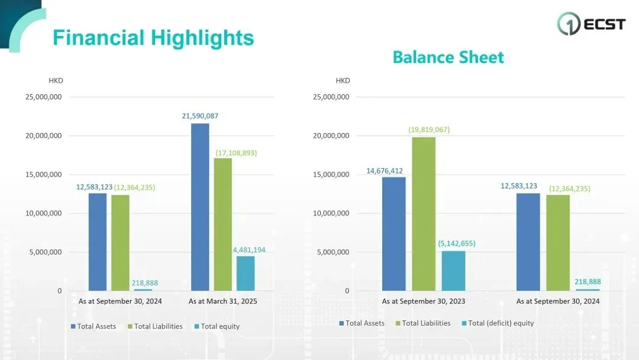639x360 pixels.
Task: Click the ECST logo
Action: (591, 24)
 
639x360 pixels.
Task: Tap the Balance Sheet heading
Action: (448, 57)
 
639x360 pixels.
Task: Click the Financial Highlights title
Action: (153, 38)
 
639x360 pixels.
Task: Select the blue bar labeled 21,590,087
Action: (200, 207)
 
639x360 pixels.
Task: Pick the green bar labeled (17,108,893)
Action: (223, 224)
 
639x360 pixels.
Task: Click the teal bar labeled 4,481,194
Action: (246, 273)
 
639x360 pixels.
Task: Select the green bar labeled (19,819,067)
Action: (424, 214)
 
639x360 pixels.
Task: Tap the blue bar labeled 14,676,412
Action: (394, 234)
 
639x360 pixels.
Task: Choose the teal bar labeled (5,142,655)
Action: (454, 271)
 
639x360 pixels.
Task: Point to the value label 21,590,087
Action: (200, 116)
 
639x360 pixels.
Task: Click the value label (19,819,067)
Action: (429, 130)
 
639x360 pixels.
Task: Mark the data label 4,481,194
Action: (249, 250)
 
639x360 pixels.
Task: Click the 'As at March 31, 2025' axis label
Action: (223, 301)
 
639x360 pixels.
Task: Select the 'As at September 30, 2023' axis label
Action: (424, 301)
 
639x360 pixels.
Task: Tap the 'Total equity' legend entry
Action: (217, 326)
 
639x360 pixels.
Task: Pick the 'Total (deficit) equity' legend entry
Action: (498, 323)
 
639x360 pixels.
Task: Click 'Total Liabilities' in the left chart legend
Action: (155, 326)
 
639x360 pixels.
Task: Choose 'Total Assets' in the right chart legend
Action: (362, 323)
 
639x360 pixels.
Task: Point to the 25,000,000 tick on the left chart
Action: (44, 97)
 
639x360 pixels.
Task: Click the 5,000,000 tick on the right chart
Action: (333, 252)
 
